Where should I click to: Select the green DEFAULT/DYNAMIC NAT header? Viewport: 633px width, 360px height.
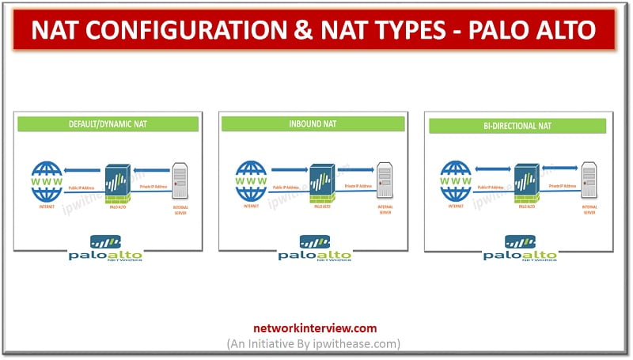click(108, 123)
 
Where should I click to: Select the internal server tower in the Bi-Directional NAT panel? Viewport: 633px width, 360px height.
click(589, 180)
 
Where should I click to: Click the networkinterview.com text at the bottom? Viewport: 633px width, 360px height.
click(316, 328)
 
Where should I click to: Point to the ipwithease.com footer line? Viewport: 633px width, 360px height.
click(316, 343)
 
